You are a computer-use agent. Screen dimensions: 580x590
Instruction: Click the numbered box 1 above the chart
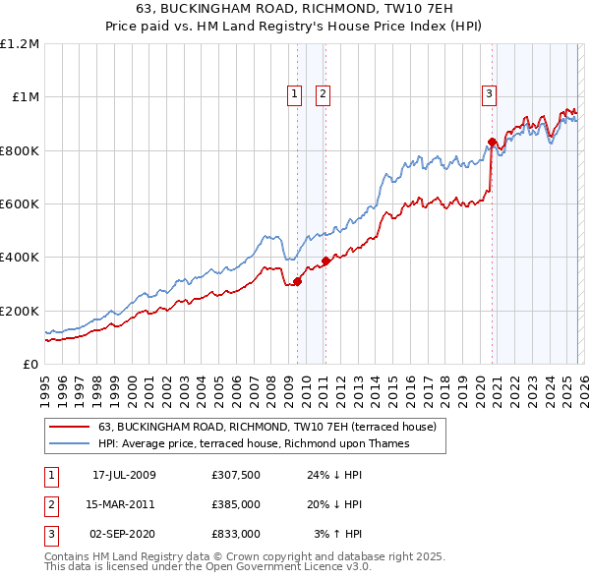pos(294,94)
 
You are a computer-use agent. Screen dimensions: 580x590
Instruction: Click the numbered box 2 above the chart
pos(323,94)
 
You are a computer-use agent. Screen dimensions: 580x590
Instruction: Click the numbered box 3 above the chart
pos(489,94)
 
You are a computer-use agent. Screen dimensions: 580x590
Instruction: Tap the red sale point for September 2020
pos(491,142)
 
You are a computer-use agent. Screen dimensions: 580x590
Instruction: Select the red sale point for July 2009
pos(297,282)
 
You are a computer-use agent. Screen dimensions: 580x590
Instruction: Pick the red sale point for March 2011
pos(325,261)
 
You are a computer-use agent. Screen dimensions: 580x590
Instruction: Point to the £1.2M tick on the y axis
pos(20,44)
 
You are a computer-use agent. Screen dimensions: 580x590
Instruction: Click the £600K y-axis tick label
pos(20,204)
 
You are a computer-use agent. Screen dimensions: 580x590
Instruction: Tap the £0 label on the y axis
pos(29,364)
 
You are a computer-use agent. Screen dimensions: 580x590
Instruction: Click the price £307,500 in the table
pos(236,475)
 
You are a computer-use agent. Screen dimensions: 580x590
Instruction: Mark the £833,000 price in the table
pos(236,534)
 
